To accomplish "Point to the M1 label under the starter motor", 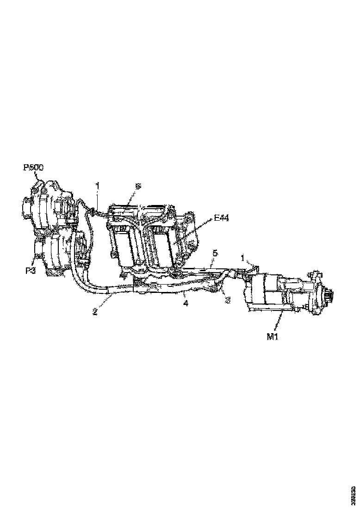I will click(272, 336).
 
